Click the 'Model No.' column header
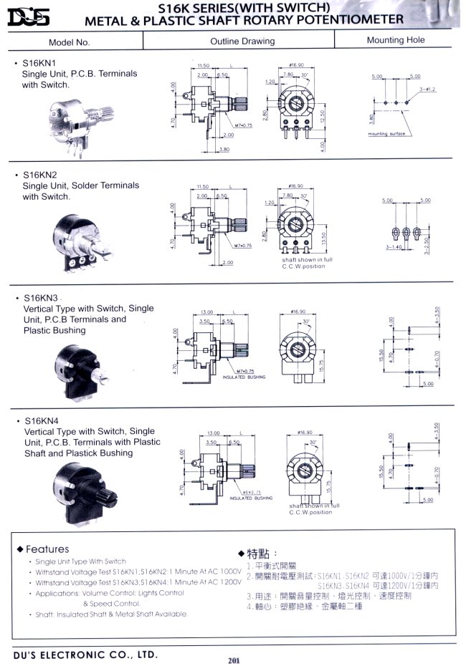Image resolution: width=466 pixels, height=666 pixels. (x=70, y=42)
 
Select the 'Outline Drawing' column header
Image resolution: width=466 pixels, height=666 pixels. (x=242, y=42)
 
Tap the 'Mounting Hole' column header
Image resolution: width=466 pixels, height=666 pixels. (x=396, y=41)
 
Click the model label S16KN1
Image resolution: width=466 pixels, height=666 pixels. (x=37, y=64)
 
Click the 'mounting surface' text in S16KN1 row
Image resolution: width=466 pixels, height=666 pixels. (x=388, y=134)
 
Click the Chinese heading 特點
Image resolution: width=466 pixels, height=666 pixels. (x=257, y=554)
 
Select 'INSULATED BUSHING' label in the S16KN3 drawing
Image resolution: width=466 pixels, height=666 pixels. (x=244, y=377)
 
